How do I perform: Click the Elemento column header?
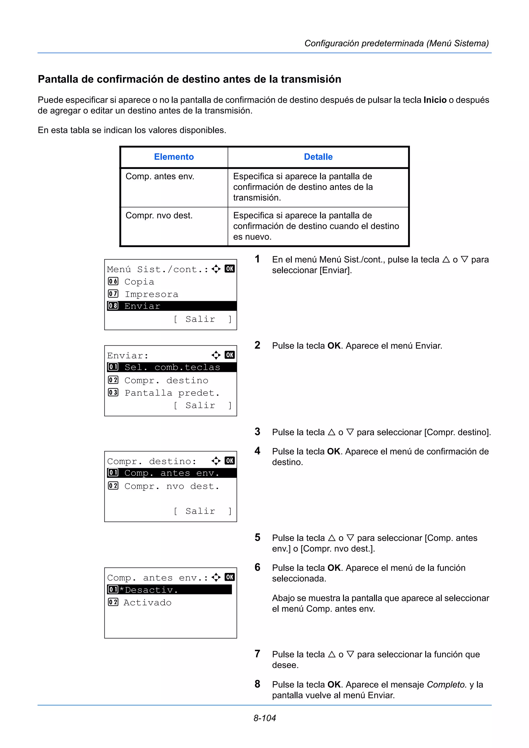point(174,157)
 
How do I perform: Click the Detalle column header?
point(318,157)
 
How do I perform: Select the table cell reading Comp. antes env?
point(160,177)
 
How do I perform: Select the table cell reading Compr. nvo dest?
point(159,216)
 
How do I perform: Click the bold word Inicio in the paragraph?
point(434,100)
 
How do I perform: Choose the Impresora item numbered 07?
point(151,294)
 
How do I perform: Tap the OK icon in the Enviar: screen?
point(229,355)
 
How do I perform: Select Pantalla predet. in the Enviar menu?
point(172,393)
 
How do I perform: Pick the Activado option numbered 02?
point(147,603)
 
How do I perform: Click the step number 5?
point(258,538)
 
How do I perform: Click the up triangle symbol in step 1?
point(446,260)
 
